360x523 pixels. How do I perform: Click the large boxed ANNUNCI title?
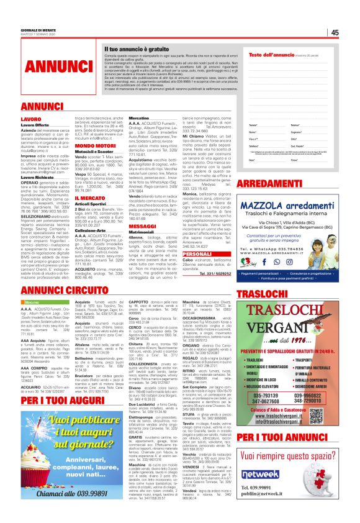pyautogui.click(x=52, y=65)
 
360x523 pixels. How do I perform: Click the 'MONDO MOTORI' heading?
pyautogui.click(x=92, y=145)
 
